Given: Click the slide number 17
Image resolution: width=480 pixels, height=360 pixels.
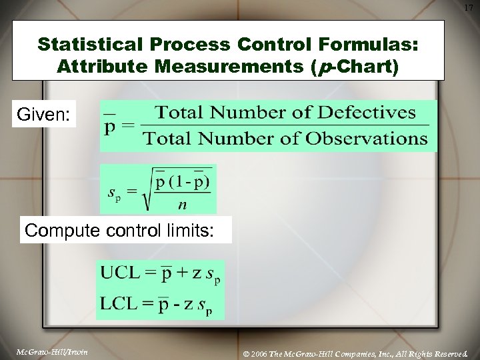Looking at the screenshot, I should tap(469, 7).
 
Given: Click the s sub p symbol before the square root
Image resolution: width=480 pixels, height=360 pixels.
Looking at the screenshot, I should tap(116, 193).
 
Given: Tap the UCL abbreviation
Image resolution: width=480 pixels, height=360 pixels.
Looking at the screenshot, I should tap(121, 272).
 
